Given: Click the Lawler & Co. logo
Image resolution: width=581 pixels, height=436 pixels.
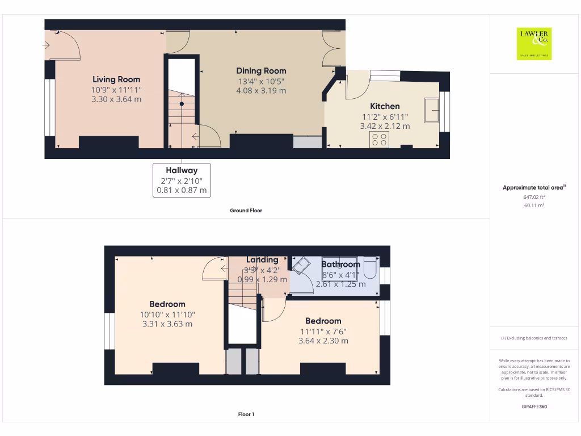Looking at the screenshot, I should (x=534, y=44).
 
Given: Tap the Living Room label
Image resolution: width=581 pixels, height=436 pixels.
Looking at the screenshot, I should (x=116, y=79).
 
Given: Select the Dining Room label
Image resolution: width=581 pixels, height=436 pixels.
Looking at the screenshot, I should (x=261, y=71).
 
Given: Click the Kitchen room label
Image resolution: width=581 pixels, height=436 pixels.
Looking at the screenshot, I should (x=385, y=106).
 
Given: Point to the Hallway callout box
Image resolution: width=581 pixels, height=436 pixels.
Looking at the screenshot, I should (x=182, y=180).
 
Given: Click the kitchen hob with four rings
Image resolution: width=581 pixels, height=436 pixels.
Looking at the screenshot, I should (x=379, y=140).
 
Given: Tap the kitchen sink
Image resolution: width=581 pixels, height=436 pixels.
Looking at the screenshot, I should (x=431, y=109).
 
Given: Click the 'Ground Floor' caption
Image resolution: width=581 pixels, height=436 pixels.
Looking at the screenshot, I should (x=246, y=211).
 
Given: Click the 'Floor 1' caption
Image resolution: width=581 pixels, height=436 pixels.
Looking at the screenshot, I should (x=246, y=414).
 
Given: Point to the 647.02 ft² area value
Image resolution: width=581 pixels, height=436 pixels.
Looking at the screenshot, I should (x=534, y=197).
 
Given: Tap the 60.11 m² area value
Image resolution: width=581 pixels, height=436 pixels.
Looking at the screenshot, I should (x=534, y=206).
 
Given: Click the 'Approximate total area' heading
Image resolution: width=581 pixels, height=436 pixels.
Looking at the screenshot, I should (x=534, y=187).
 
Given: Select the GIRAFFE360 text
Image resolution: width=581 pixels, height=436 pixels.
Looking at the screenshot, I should (x=533, y=406).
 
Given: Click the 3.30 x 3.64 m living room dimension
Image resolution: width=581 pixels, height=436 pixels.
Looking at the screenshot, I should (x=116, y=99).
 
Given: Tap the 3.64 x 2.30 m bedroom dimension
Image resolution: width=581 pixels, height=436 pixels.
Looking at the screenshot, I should (x=323, y=341).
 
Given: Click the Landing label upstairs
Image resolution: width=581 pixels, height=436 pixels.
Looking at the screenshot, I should (x=262, y=259).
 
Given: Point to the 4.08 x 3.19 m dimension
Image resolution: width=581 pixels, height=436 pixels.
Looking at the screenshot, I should (x=261, y=90).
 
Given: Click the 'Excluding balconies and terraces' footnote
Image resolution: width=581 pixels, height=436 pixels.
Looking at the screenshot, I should (x=533, y=338).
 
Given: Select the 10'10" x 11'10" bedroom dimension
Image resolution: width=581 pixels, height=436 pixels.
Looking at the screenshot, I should (x=167, y=315).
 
